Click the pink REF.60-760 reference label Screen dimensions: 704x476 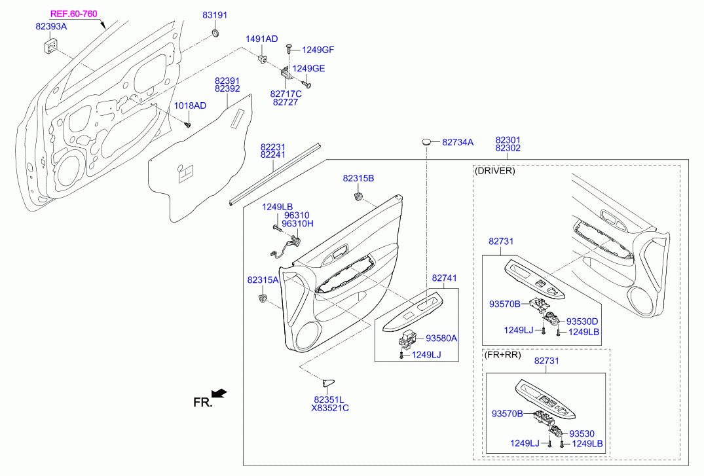pyautogui.click(x=73, y=14)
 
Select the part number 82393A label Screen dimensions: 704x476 pyautogui.click(x=51, y=26)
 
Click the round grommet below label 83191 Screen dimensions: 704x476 pyautogui.click(x=215, y=33)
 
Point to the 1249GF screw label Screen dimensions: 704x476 pyautogui.click(x=318, y=50)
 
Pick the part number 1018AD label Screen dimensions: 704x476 pyautogui.click(x=191, y=105)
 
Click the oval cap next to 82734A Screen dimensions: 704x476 pyautogui.click(x=426, y=142)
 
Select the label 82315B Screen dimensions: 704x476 pyautogui.click(x=358, y=178)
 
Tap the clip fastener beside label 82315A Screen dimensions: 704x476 pyautogui.click(x=262, y=298)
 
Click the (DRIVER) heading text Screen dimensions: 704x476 pyautogui.click(x=495, y=171)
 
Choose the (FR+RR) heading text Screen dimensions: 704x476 pyautogui.click(x=503, y=355)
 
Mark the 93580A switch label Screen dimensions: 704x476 pyautogui.click(x=441, y=338)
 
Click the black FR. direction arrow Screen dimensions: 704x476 pyautogui.click(x=219, y=394)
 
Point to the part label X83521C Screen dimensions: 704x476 pyautogui.click(x=330, y=408)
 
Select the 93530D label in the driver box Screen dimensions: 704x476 pyautogui.click(x=582, y=321)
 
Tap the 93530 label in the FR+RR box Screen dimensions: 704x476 pyautogui.click(x=582, y=434)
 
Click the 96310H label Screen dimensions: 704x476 pyautogui.click(x=298, y=224)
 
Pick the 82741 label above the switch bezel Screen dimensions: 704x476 pyautogui.click(x=444, y=278)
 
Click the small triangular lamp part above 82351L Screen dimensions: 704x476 pyautogui.click(x=327, y=383)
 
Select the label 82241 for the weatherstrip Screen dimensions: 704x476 pyautogui.click(x=273, y=155)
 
